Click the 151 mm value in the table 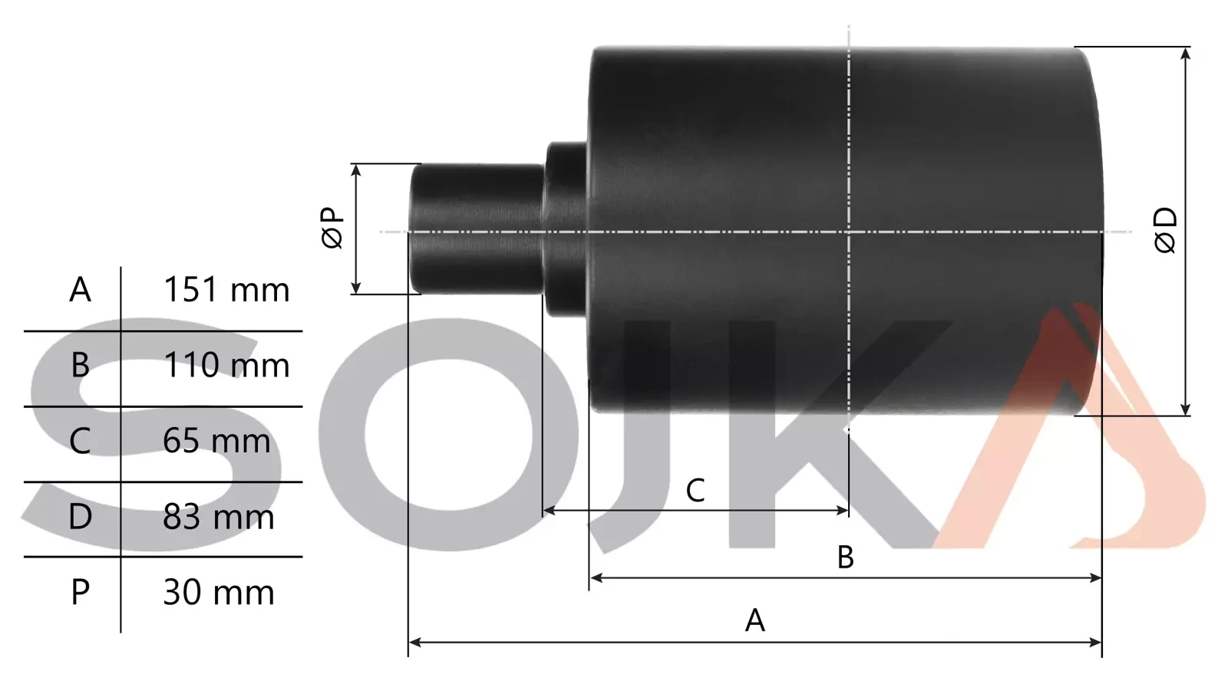pyautogui.click(x=226, y=291)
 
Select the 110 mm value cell pyautogui.click(x=226, y=366)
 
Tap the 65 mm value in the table pyautogui.click(x=216, y=442)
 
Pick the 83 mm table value pyautogui.click(x=218, y=518)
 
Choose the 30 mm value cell pyautogui.click(x=218, y=593)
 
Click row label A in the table pyautogui.click(x=80, y=291)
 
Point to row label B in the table pyautogui.click(x=80, y=366)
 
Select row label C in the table pyautogui.click(x=80, y=442)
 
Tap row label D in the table pyautogui.click(x=80, y=518)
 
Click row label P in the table pyautogui.click(x=80, y=593)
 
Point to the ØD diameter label pyautogui.click(x=1165, y=230)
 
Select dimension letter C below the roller pyautogui.click(x=695, y=491)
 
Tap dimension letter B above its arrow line pyautogui.click(x=845, y=558)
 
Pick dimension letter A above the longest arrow pyautogui.click(x=755, y=620)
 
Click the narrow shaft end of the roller pyautogui.click(x=476, y=229)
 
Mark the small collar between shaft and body pyautogui.click(x=566, y=229)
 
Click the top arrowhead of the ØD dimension pyautogui.click(x=1186, y=54)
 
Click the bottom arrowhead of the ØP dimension pyautogui.click(x=356, y=288)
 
